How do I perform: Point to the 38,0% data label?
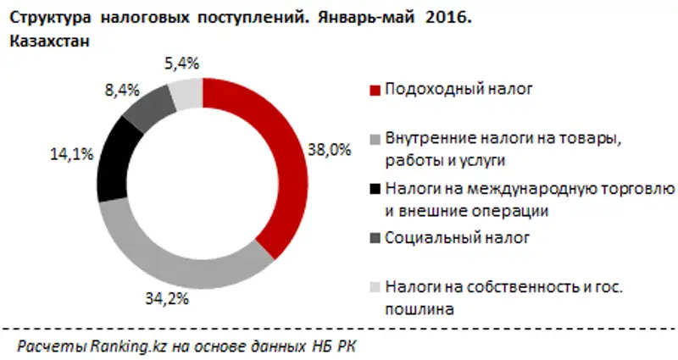click(328, 150)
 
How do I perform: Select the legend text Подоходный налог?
click(445, 87)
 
